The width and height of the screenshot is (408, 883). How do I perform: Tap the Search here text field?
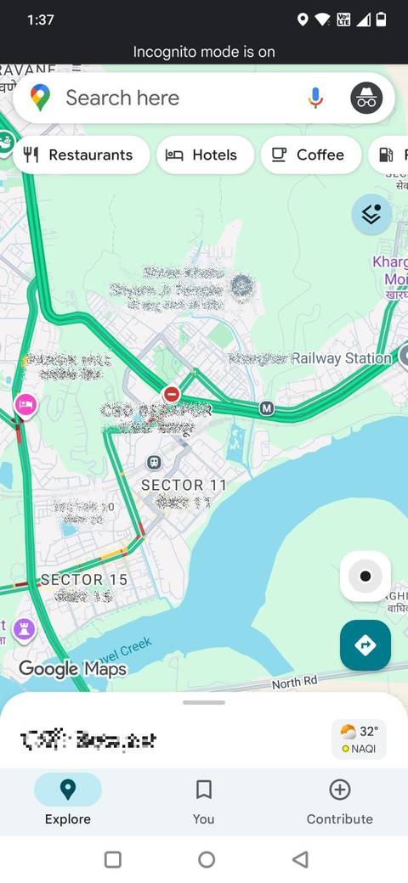tap(170, 98)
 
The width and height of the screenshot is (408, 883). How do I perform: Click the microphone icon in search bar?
tap(315, 98)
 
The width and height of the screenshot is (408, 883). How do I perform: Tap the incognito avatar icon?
tap(366, 98)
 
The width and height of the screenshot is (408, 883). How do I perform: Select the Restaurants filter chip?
tap(81, 155)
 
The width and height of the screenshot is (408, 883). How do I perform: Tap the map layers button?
tap(371, 215)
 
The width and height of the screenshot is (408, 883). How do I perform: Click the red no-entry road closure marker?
tap(172, 394)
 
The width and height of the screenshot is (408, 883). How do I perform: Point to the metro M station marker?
tap(267, 408)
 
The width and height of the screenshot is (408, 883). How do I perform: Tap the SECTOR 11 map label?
tap(184, 485)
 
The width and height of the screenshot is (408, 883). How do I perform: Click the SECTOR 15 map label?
tap(83, 579)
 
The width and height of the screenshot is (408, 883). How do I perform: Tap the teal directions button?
tap(365, 645)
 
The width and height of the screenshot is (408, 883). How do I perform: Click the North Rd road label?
tap(294, 682)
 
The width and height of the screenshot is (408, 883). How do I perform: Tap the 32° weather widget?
tap(359, 739)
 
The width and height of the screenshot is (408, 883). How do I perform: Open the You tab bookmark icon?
tap(204, 790)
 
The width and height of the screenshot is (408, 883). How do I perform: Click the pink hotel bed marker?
tap(25, 405)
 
